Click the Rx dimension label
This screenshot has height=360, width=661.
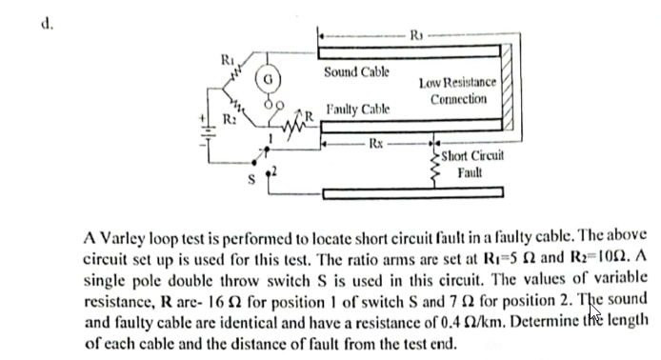[x=377, y=145]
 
